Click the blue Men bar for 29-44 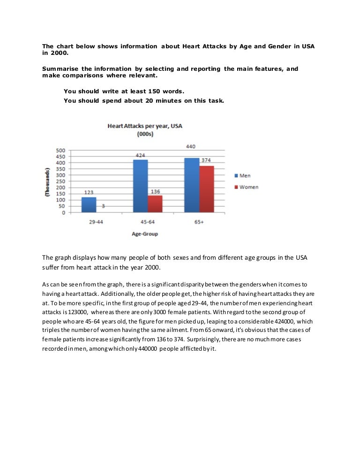coord(89,204)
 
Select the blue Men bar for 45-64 coord(141,186)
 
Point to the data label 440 coord(191,147)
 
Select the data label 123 coord(89,193)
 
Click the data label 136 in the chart coord(155,191)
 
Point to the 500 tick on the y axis coord(60,150)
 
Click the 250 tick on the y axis coord(60,181)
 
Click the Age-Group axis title coord(144,233)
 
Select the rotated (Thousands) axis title coord(47,181)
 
